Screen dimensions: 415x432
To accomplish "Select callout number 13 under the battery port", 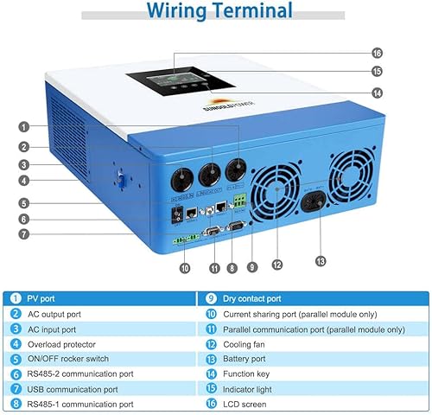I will [321, 261].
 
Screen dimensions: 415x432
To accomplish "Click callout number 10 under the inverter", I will [183, 269].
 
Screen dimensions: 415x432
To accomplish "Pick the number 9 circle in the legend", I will [212, 298].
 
